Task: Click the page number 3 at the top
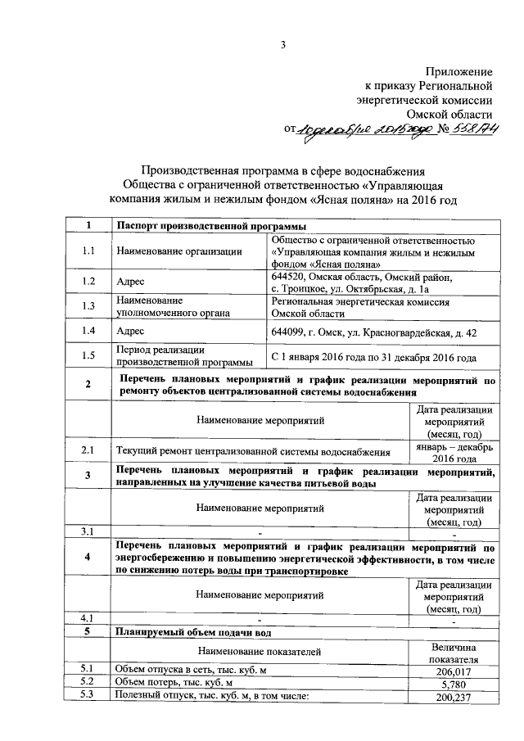pos(283,45)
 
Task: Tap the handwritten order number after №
pos(478,129)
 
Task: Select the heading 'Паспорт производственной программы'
pos(211,226)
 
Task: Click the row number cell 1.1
pos(88,251)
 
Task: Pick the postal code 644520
pos(288,278)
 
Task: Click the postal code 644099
pos(288,332)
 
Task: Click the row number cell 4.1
pos(88,617)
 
